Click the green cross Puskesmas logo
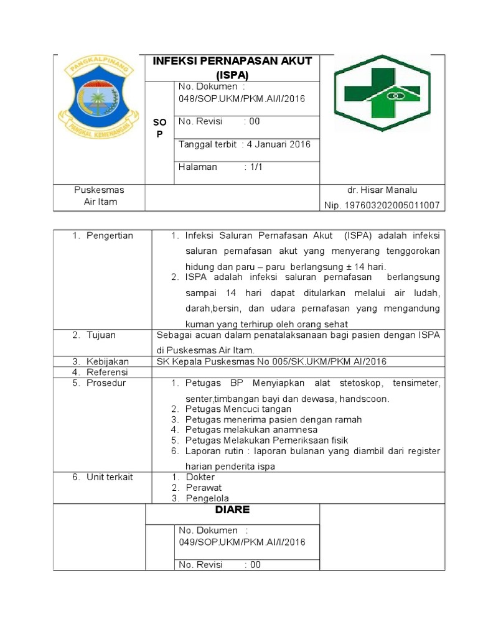[x=381, y=93]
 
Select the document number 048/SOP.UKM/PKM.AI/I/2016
[x=241, y=98]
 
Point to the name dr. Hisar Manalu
[x=382, y=190]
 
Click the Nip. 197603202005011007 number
[x=382, y=205]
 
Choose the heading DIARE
[x=232, y=509]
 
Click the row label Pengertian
[x=110, y=236]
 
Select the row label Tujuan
[x=101, y=335]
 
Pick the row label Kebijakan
[x=107, y=361]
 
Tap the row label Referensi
[x=106, y=372]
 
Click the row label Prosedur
[x=106, y=383]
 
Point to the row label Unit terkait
[x=109, y=477]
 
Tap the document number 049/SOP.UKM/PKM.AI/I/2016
[x=241, y=542]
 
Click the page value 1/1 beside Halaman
[x=256, y=167]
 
